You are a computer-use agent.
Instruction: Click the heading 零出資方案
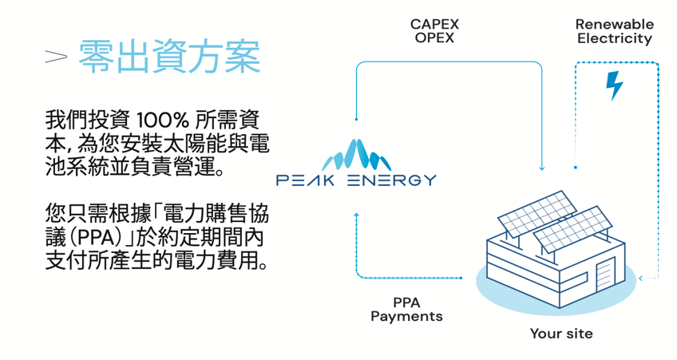click(x=169, y=57)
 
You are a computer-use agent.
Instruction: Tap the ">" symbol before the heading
click(x=55, y=57)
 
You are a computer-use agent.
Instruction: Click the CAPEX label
click(x=434, y=24)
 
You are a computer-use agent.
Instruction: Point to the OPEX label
click(x=434, y=38)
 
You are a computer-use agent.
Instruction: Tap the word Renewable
click(x=614, y=24)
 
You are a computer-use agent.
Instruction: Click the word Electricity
click(x=614, y=38)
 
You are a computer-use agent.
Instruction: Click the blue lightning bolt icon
click(x=614, y=85)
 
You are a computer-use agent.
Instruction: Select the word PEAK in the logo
click(x=307, y=180)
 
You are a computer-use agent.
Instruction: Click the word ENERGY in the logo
click(x=392, y=180)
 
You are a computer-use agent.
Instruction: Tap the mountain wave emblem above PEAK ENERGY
click(x=356, y=154)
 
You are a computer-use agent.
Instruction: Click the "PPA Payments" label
click(x=406, y=309)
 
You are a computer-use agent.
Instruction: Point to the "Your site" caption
click(x=561, y=334)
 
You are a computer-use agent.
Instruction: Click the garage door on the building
click(x=606, y=274)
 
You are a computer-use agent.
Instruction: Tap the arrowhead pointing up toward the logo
click(x=356, y=216)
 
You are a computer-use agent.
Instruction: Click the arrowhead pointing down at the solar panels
click(x=541, y=168)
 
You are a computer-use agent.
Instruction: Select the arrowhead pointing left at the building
click(x=641, y=279)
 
